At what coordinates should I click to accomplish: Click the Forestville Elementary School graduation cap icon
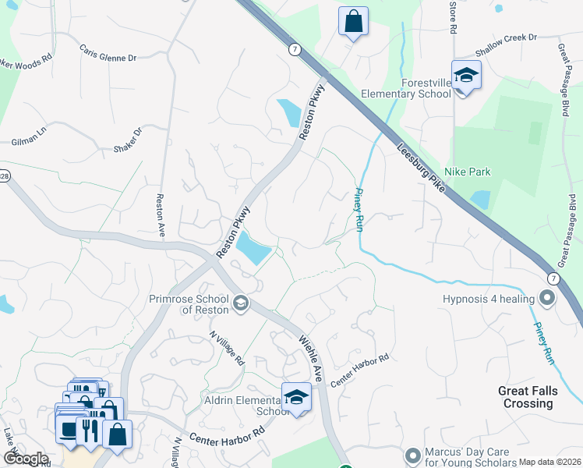click(x=466, y=75)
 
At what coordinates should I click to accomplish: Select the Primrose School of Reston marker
click(x=241, y=302)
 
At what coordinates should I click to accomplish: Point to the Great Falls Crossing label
click(x=528, y=397)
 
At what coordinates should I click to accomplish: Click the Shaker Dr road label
click(x=129, y=141)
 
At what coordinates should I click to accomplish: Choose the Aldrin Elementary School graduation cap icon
click(x=296, y=396)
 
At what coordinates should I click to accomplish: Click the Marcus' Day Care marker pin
click(x=413, y=454)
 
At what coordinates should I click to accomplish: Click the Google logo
click(x=26, y=459)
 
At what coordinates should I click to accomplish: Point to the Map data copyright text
click(x=549, y=462)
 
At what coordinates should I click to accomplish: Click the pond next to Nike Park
click(x=480, y=199)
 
